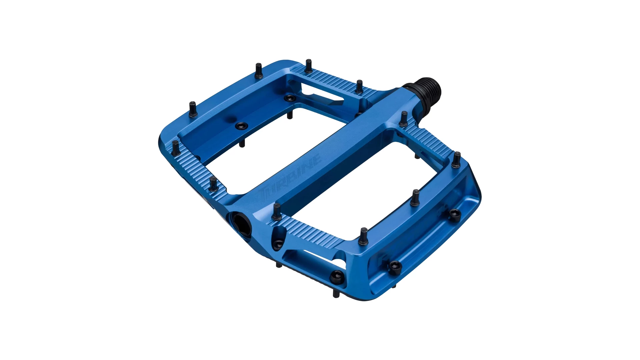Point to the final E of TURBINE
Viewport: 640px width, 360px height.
point(317,157)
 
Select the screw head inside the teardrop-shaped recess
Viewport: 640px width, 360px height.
point(277,244)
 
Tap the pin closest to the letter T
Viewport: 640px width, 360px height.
point(277,212)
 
